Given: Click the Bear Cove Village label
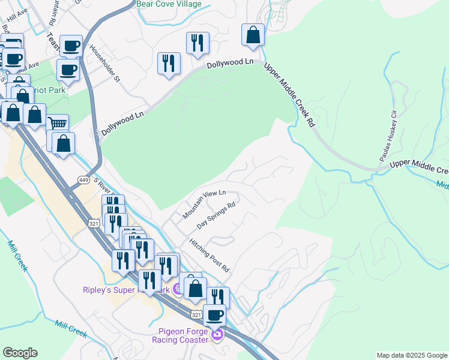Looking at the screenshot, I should (x=169, y=4).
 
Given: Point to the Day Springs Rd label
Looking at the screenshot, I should (x=215, y=214).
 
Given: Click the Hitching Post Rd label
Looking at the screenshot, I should (x=209, y=256).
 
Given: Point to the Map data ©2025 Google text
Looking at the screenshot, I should (x=411, y=355).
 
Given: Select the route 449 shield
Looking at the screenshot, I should (x=83, y=179).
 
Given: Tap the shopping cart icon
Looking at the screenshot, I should (x=57, y=124).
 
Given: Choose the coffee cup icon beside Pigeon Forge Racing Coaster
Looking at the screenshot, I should (x=215, y=314).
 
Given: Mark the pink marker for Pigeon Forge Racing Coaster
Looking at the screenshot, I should (x=217, y=334).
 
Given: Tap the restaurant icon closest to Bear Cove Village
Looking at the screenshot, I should (x=197, y=43).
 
